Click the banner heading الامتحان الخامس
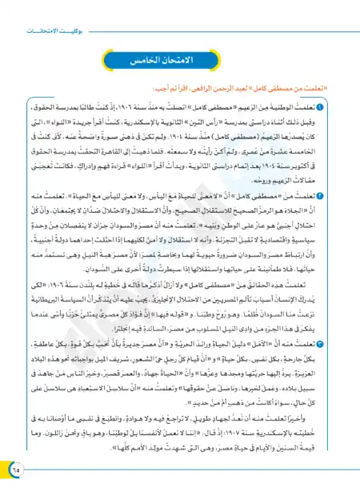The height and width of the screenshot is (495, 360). point(180,62)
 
